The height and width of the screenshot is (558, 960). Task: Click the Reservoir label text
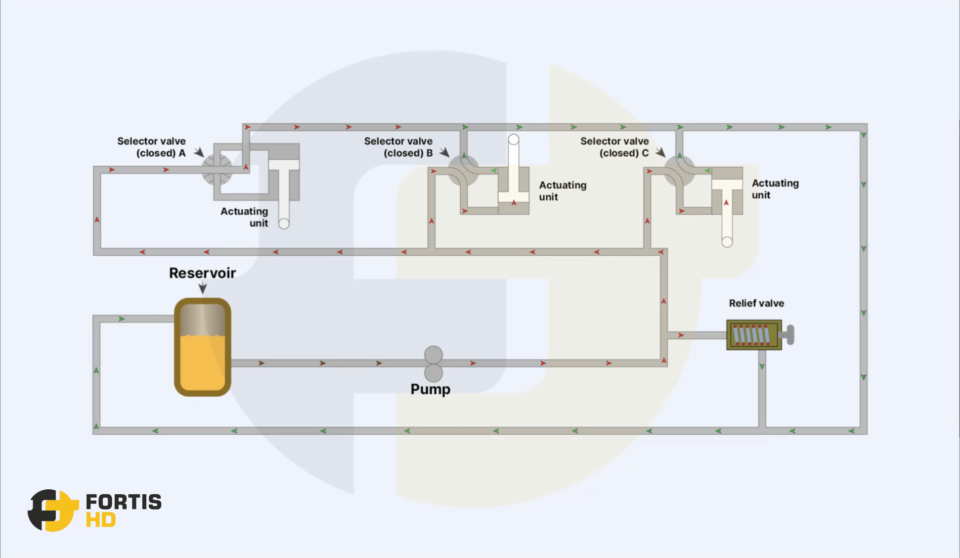202,273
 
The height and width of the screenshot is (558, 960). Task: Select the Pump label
430,389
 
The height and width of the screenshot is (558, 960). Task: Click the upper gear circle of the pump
433,355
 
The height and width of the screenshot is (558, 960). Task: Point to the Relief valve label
756,303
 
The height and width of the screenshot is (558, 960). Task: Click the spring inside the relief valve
751,335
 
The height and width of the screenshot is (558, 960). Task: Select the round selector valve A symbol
217,170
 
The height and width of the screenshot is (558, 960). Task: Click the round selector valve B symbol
463,171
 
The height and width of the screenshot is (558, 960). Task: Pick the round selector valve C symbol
679,171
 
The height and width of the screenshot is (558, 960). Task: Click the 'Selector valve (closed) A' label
152,147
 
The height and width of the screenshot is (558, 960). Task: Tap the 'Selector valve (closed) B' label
398,147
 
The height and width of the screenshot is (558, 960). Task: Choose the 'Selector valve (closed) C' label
614,147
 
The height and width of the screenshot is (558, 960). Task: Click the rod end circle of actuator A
284,224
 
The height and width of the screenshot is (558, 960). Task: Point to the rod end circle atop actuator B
514,139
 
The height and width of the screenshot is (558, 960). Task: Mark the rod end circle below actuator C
727,242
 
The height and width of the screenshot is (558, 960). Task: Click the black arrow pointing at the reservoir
202,288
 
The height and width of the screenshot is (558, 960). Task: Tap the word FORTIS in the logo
124,502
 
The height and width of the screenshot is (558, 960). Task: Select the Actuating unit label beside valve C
775,189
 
